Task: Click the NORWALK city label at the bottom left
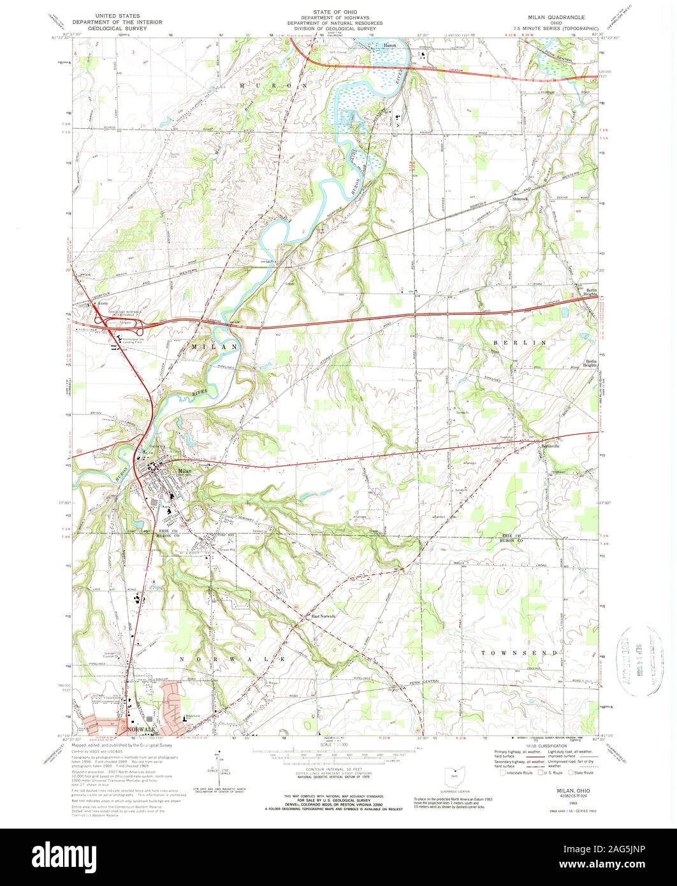coord(141,729)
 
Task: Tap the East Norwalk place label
coord(323,616)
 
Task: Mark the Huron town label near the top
coord(389,45)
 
